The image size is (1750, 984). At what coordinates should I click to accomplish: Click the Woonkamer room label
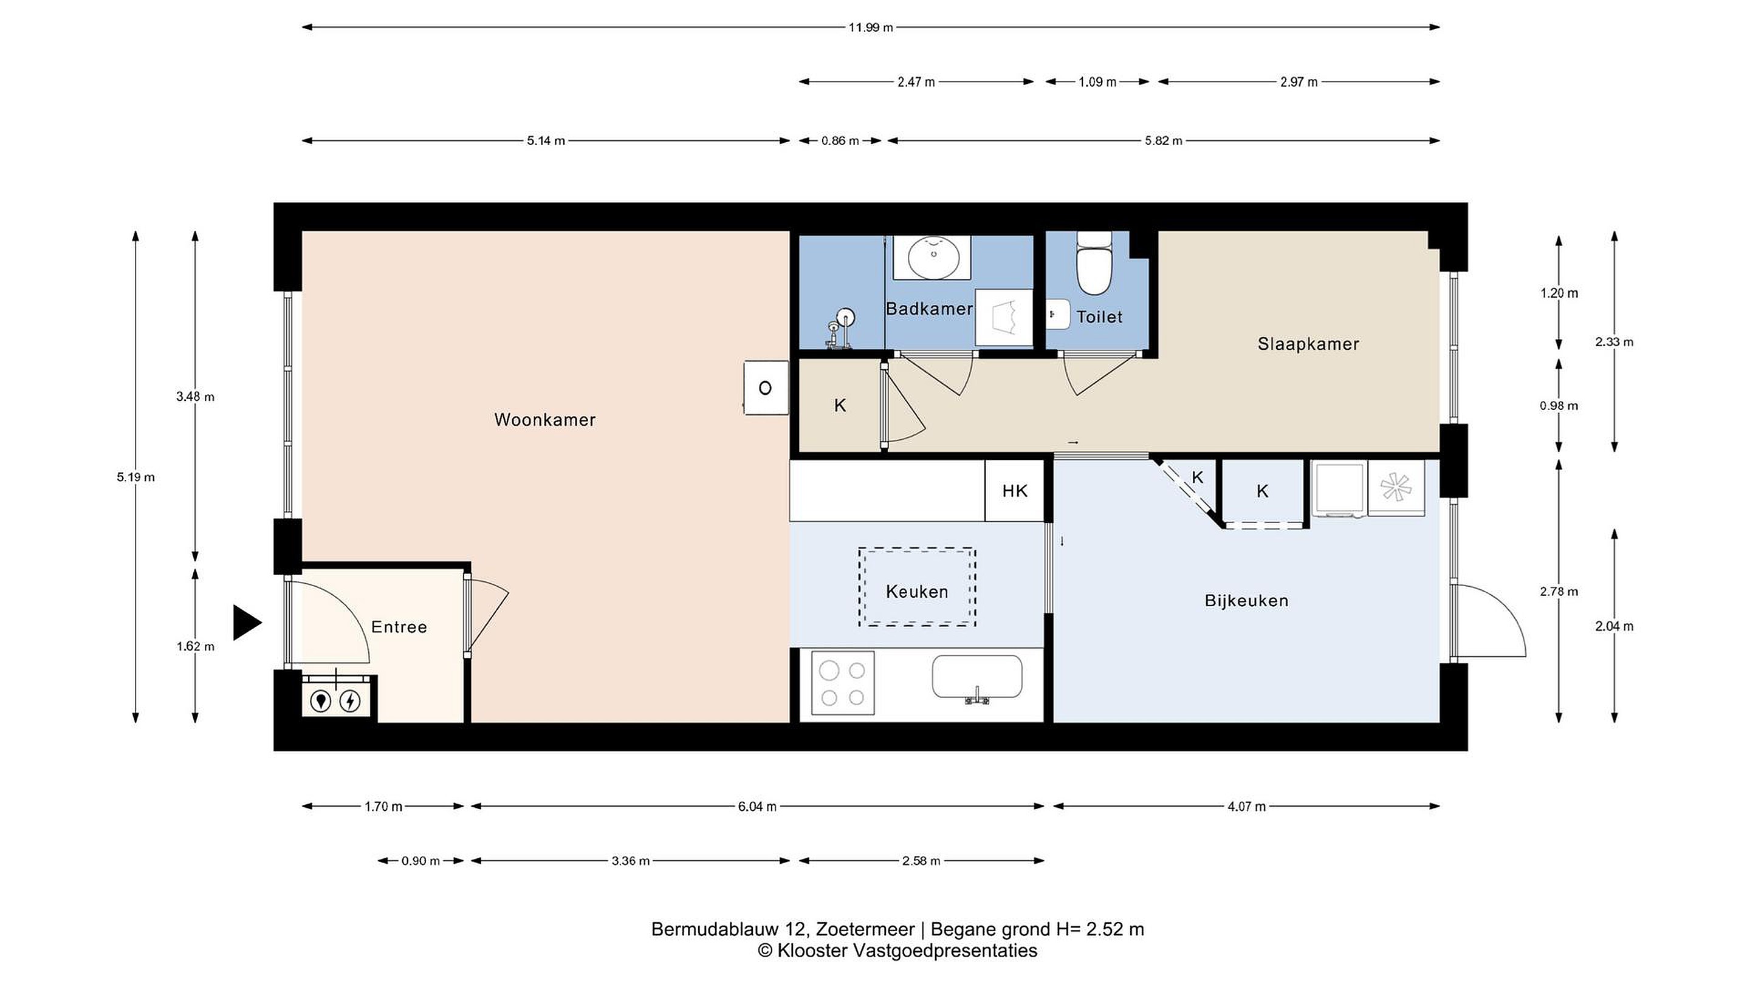[x=545, y=420]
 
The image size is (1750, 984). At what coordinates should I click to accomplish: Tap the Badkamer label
[x=929, y=309]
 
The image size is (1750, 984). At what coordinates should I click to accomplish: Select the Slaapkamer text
[x=1308, y=344]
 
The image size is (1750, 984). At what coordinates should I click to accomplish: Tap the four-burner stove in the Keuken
[x=842, y=683]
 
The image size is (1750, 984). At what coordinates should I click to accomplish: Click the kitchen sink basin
[x=977, y=677]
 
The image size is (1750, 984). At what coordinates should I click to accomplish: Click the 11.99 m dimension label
[x=870, y=28]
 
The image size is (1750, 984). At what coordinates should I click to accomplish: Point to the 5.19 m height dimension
[x=136, y=477]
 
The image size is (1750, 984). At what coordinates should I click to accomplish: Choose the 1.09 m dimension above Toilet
[x=1097, y=82]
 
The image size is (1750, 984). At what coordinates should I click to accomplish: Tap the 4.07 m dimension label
[x=1247, y=807]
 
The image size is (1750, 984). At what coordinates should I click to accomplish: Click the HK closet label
[x=1015, y=491]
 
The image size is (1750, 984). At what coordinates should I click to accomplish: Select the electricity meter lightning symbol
[x=350, y=701]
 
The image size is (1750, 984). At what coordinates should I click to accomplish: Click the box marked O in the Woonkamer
[x=766, y=388]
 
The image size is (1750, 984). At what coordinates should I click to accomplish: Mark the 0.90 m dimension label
[x=420, y=861]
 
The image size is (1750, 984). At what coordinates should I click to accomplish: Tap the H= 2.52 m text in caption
[x=1100, y=929]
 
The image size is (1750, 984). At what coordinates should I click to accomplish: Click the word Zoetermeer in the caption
[x=865, y=929]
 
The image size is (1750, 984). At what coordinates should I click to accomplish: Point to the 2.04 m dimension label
[x=1614, y=627]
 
